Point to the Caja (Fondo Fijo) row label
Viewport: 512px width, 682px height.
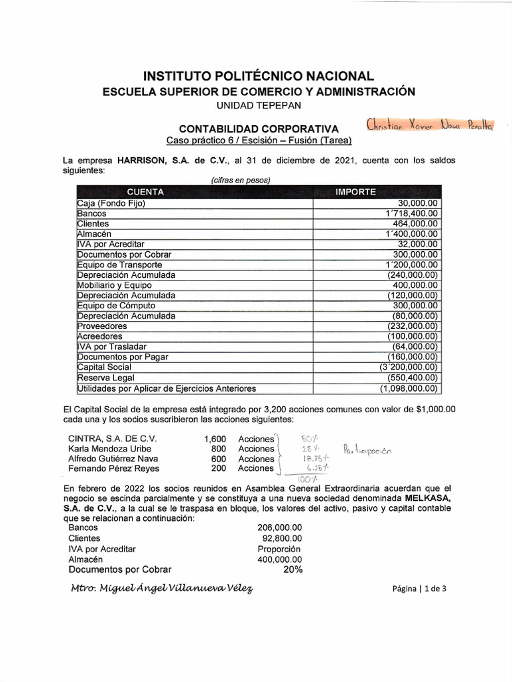pos(111,203)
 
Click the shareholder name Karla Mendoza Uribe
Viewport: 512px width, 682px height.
pos(110,449)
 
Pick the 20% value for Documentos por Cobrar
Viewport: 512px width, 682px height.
pos(292,569)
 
